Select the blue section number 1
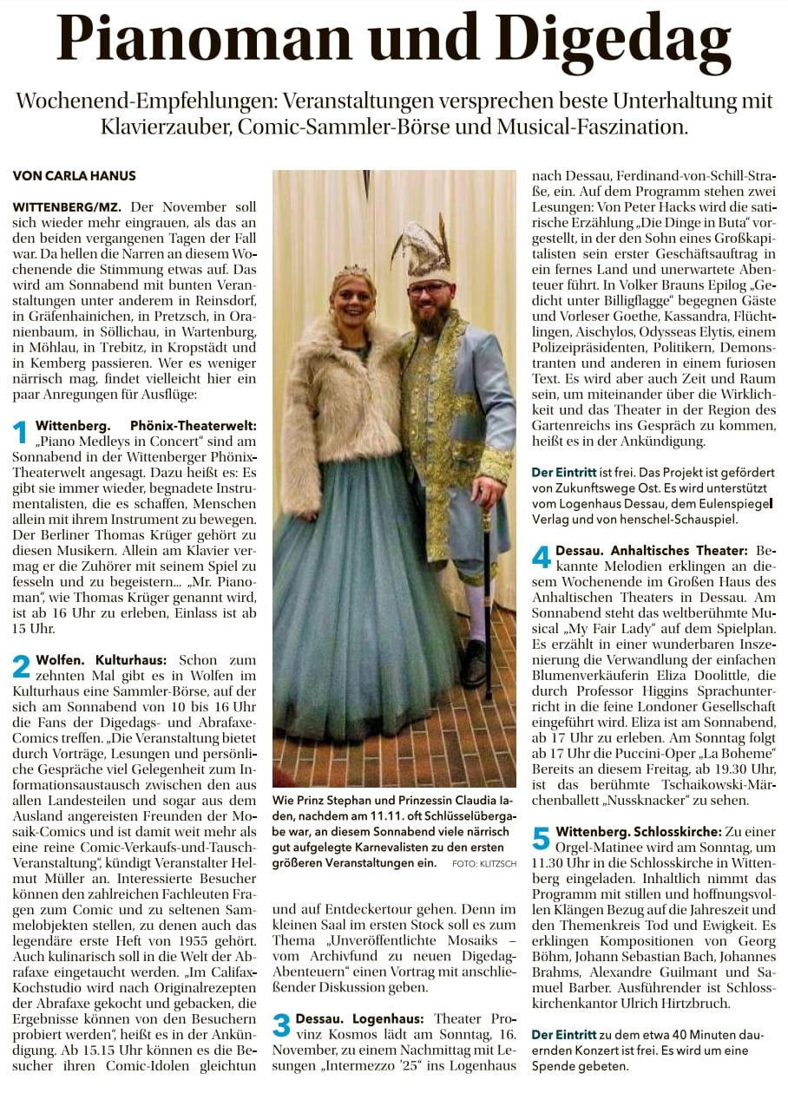coord(22,431)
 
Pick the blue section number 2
coord(22,666)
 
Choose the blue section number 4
coord(541,557)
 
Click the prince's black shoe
coord(474,664)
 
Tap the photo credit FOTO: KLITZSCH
coord(483,840)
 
